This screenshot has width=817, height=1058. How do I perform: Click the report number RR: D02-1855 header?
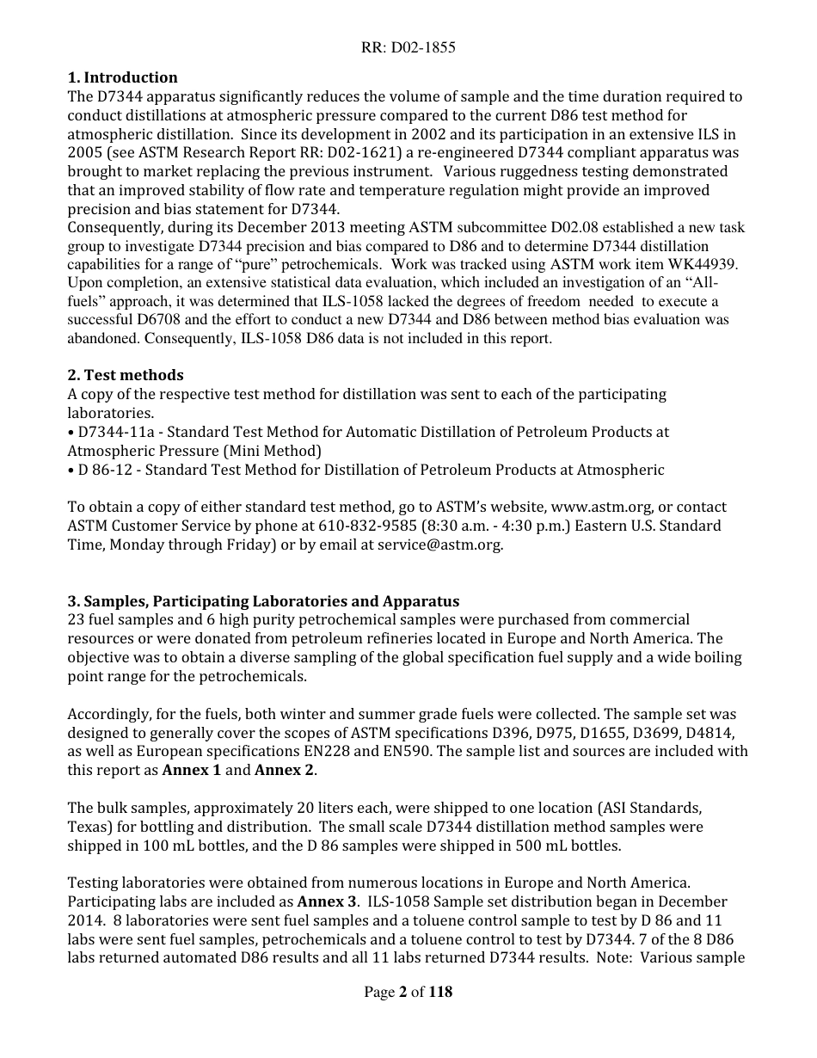pos(408,48)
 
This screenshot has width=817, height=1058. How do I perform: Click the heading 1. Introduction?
pos(122,77)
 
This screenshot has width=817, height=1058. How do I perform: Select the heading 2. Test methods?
pos(125,375)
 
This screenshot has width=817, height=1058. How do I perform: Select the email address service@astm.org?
pos(439,544)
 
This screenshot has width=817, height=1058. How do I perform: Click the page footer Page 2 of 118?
pos(408,992)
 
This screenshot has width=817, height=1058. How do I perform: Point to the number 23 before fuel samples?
pos(77,620)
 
